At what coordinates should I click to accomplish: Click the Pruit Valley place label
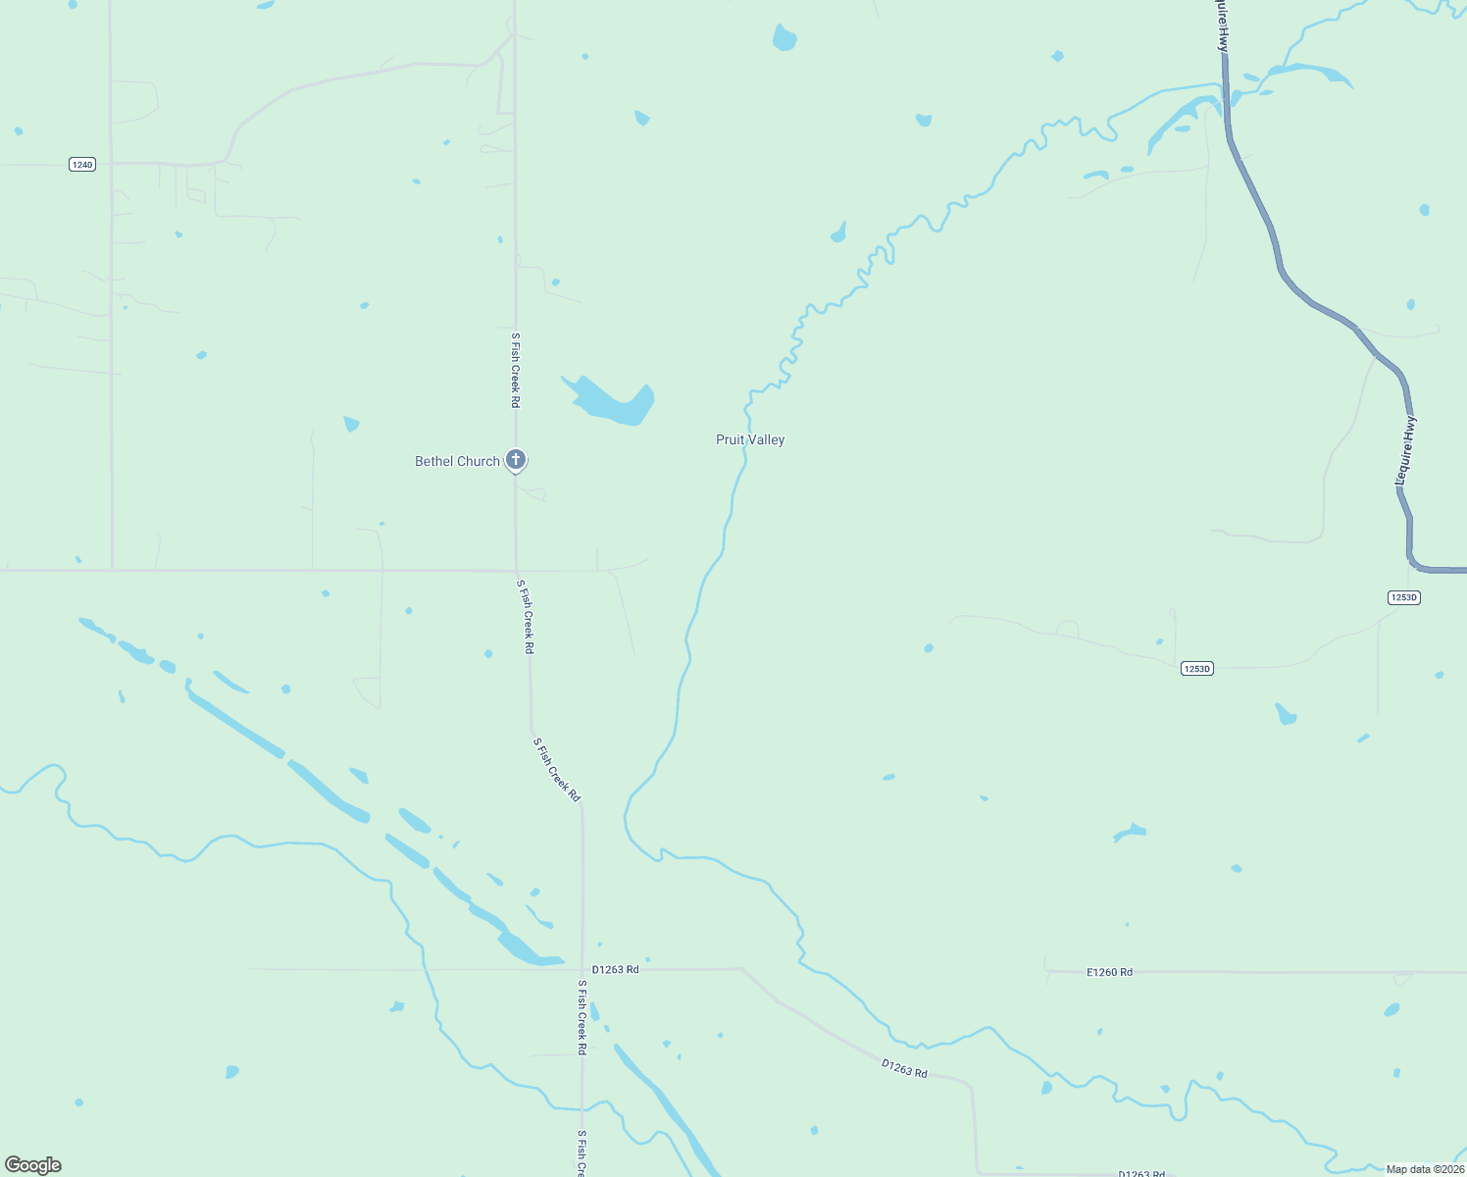(750, 440)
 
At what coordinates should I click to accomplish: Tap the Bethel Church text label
(457, 461)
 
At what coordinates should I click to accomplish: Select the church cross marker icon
(516, 459)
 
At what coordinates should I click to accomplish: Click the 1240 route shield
(82, 165)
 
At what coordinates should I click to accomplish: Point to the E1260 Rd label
(1109, 972)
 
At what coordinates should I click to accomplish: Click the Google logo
(33, 1165)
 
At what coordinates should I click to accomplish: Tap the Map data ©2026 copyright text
(1425, 1169)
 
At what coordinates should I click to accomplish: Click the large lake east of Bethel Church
(613, 402)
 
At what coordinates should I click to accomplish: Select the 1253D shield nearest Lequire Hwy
(1404, 597)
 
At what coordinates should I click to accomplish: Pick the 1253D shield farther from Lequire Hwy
(1196, 669)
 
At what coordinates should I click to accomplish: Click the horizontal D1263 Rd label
(615, 969)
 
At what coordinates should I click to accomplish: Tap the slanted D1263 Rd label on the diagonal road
(904, 1069)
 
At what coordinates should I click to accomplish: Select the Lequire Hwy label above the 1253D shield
(1405, 450)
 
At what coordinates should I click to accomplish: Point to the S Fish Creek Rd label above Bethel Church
(515, 370)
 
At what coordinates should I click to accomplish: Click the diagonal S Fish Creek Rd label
(557, 770)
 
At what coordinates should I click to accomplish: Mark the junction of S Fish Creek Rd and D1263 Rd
(582, 969)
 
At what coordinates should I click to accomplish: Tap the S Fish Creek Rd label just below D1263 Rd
(582, 1017)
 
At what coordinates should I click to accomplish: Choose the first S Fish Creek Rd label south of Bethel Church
(527, 616)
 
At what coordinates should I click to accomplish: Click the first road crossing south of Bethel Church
(516, 570)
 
